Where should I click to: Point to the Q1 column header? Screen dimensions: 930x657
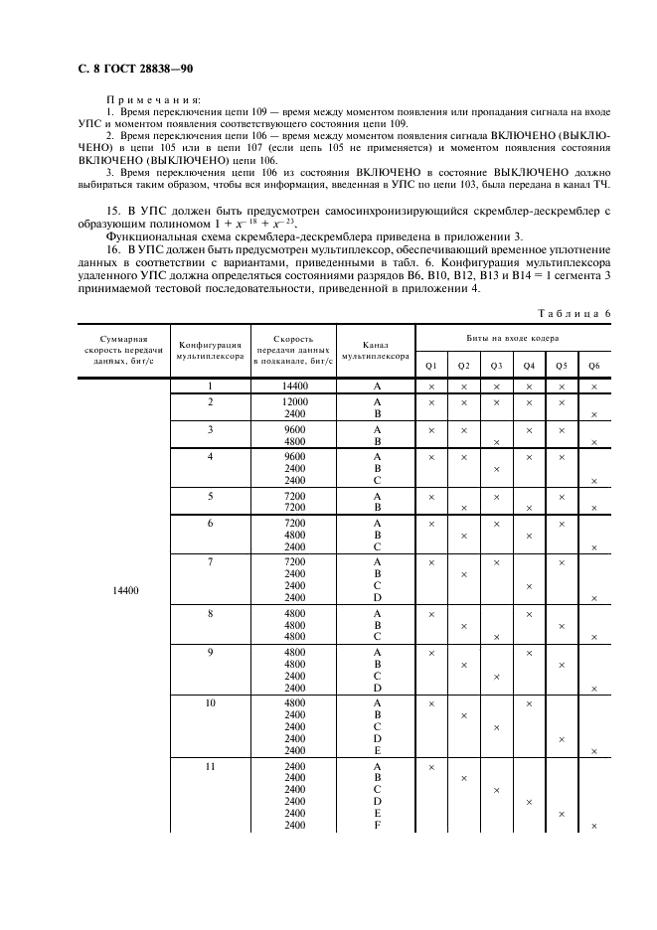click(431, 366)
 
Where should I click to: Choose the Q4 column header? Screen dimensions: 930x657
click(529, 366)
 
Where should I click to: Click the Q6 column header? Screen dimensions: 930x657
click(593, 366)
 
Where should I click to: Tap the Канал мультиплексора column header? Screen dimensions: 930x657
click(376, 349)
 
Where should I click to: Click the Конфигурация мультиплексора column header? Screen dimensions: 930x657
click(211, 349)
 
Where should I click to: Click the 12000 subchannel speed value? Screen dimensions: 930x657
click(294, 402)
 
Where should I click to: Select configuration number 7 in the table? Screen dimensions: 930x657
click(211, 562)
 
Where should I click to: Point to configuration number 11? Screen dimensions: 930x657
click(211, 767)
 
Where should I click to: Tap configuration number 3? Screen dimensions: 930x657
click(211, 430)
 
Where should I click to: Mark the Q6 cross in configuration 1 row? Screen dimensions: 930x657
click(593, 387)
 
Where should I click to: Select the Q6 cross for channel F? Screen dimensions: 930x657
click(593, 827)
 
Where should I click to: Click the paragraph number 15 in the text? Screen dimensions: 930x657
click(112, 211)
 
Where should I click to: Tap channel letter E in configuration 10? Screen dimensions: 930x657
click(377, 751)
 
